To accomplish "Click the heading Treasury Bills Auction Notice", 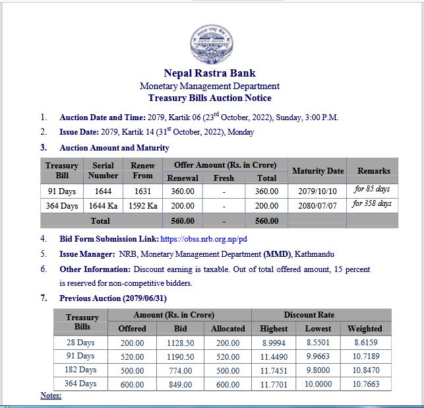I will tap(210, 98).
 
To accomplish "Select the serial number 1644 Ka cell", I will tap(104, 205).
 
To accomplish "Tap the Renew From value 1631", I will tap(142, 191).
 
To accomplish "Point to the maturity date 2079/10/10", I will tap(317, 191).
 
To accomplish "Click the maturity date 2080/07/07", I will tap(317, 205).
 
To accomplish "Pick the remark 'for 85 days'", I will tap(373, 189).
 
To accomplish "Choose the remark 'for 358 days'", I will tap(372, 203).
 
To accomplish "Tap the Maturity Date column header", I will tap(317, 171).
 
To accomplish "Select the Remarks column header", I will tap(373, 171).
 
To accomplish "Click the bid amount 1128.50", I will tap(180, 343).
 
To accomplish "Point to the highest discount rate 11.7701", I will tap(274, 384).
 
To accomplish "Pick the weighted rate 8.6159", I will tap(365, 343).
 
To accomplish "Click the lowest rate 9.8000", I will tap(318, 370).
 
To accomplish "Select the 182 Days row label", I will tap(81, 370).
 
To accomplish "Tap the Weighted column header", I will tap(365, 328).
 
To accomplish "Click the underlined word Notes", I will tap(51, 395).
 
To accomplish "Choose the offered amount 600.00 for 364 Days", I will tap(132, 384).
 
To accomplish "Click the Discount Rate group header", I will tap(319, 315).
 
